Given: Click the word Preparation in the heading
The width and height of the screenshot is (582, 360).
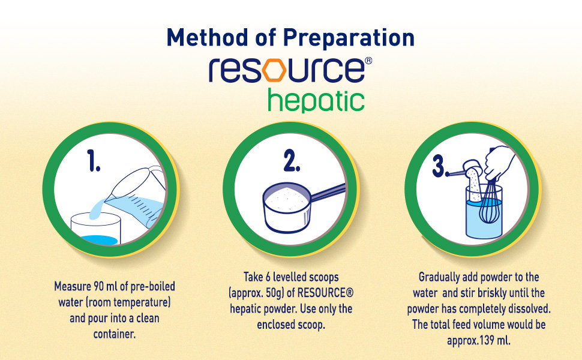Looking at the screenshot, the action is [349, 38].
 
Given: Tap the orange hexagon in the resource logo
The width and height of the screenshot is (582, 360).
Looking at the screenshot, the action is [274, 70].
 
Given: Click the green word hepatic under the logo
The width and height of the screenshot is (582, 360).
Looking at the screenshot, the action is [316, 100].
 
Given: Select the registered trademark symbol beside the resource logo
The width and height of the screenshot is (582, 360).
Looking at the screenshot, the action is [368, 61].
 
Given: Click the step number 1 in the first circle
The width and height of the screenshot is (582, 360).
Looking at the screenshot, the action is [94, 160].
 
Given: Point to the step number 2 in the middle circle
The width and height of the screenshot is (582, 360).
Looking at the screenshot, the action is [292, 160].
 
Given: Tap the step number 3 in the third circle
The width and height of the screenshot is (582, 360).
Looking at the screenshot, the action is [439, 166].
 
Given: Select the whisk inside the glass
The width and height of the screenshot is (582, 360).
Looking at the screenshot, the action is [488, 202].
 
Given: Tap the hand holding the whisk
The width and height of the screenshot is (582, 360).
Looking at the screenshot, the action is [499, 163].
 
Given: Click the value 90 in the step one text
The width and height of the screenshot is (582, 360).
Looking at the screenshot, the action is [98, 287].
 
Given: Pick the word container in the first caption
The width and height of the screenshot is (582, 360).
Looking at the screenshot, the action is [115, 334].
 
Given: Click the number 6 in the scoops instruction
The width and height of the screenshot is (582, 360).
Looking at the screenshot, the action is [269, 277].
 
